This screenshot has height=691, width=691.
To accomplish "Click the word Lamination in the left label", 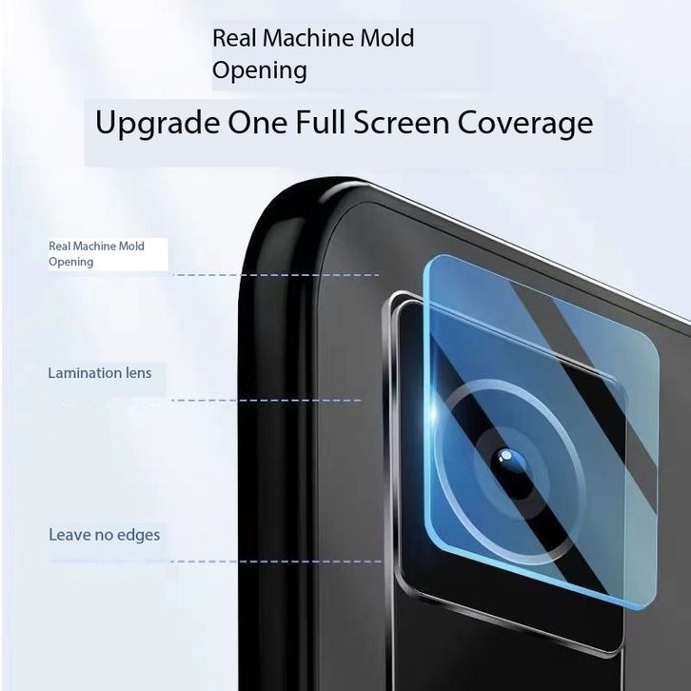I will [86, 373].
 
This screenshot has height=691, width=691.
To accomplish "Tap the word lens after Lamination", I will [139, 373].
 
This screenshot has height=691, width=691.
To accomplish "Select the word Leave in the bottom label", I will [69, 535].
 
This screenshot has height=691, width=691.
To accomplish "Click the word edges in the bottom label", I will [137, 535].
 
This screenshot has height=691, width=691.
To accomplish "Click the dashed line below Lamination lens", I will [267, 401].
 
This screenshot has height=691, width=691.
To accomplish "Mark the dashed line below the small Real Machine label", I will [276, 275].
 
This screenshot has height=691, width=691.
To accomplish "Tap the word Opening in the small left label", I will [71, 262].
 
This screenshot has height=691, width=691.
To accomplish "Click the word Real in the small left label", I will [59, 247].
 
